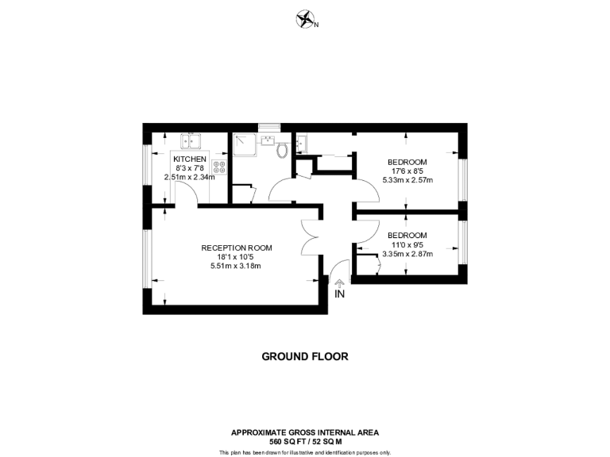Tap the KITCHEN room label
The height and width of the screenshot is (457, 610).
[x=190, y=159]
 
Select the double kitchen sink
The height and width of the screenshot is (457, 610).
[x=191, y=143]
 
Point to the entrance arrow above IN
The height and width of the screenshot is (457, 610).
[x=339, y=282]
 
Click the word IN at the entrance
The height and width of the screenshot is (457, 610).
[x=339, y=294]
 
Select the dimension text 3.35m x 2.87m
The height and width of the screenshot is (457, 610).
[x=407, y=254]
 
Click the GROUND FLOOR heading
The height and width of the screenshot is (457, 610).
[x=305, y=356]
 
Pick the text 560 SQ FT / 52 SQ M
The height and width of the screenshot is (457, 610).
[x=305, y=440]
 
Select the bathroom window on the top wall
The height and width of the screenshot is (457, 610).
[x=269, y=125]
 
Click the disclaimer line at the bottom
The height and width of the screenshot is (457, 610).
[x=305, y=452]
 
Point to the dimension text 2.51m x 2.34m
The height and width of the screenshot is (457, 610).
[x=190, y=177]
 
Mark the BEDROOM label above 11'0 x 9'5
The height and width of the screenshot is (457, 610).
[x=407, y=236]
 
